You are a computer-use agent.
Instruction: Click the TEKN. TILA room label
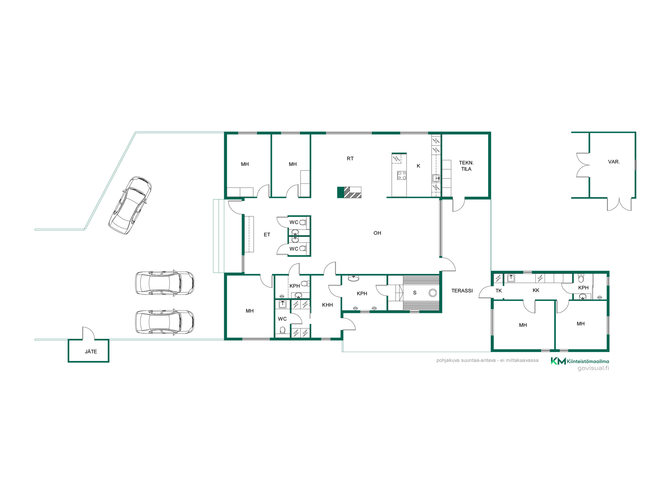466,166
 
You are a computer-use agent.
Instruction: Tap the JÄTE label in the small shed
91,351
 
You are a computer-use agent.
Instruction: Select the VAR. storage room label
614,162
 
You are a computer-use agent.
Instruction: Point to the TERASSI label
462,291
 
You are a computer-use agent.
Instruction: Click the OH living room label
377,233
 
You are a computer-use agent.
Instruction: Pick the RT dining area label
350,159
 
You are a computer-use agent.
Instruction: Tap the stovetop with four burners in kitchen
402,175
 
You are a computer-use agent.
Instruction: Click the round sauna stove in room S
433,293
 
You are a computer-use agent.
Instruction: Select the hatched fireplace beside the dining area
349,192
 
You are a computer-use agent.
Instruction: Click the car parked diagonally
130,205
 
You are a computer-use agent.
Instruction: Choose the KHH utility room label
327,305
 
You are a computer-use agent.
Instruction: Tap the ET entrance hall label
267,235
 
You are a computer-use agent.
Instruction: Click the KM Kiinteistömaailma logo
580,361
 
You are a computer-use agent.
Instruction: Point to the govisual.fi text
593,368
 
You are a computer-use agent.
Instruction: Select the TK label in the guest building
499,291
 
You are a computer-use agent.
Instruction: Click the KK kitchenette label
536,290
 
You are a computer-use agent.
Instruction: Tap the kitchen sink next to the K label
436,178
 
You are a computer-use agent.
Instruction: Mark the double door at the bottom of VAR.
619,204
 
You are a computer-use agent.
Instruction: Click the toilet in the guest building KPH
581,278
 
